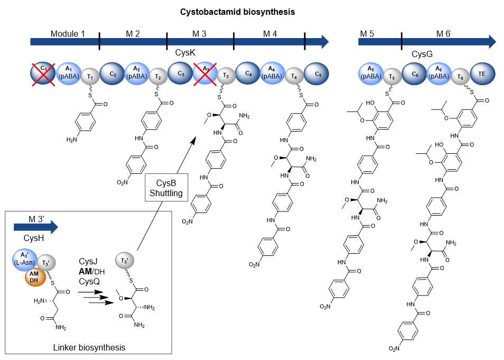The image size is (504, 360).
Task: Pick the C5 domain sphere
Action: click(317, 73)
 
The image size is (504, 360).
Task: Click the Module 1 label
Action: click(68, 34)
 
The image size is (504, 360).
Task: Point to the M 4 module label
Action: click(269, 34)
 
